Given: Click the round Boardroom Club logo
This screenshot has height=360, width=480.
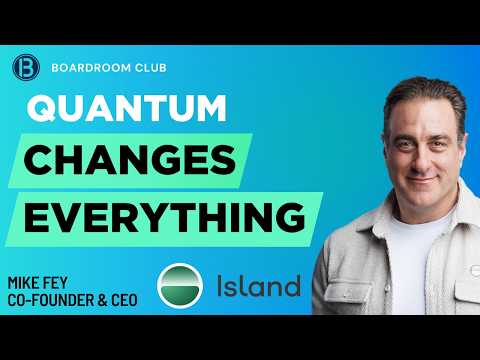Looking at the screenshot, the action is [26, 68].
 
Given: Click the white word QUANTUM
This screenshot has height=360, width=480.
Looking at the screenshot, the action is [127, 109].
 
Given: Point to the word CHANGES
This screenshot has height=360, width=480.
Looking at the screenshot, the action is [130, 160].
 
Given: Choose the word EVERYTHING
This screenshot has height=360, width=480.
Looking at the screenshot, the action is [165, 218].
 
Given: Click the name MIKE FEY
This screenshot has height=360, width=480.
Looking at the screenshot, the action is [37, 283].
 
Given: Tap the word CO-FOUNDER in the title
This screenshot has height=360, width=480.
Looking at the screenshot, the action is [51, 300].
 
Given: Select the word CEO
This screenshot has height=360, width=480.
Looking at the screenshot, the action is [124, 300].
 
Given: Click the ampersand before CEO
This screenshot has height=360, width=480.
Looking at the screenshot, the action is [103, 300].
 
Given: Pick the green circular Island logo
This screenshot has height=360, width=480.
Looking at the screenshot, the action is [180, 286].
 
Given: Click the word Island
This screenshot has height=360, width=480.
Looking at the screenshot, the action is [259, 286].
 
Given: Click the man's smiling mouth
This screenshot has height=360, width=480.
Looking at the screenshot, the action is [422, 180].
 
